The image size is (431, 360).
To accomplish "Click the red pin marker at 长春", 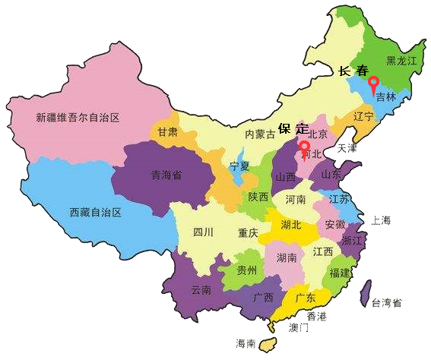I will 372,83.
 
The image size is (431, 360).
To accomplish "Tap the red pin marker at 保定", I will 304,146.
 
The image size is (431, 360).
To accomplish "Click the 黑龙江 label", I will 402,60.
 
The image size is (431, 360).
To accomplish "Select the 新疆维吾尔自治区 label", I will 78,118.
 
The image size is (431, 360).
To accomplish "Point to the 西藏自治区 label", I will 95,212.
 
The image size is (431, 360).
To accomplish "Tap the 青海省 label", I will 165,174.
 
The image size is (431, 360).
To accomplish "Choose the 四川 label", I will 203,232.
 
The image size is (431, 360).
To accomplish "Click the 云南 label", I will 201,289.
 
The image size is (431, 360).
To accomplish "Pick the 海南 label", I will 246,343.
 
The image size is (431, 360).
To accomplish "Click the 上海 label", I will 381,220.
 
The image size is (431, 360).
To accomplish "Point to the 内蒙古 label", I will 259,134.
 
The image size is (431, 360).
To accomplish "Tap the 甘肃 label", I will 168,131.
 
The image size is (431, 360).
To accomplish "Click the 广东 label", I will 306,298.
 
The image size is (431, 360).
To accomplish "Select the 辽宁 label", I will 364,116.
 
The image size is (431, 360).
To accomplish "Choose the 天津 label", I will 347,147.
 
